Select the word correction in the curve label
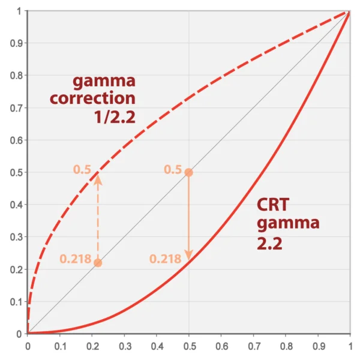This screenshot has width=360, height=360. [x=93, y=97]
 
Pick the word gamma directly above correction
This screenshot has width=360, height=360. [x=104, y=80]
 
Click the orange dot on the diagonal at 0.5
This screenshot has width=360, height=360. [x=188, y=172]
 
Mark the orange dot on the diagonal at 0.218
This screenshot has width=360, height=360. [x=98, y=263]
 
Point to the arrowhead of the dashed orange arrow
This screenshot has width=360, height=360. [x=98, y=177]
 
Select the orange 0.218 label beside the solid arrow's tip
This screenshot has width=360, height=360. [x=165, y=259]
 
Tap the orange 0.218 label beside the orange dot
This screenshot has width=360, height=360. [x=75, y=260]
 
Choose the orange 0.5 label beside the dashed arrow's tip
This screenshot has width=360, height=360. [x=82, y=170]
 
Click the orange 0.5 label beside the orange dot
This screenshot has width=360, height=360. [x=172, y=170]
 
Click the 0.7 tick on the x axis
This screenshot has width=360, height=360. [x=253, y=346]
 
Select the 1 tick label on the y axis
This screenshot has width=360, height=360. [x=19, y=11]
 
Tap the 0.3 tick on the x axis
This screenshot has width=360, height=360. [x=124, y=346]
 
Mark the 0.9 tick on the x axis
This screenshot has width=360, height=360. [x=318, y=346]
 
